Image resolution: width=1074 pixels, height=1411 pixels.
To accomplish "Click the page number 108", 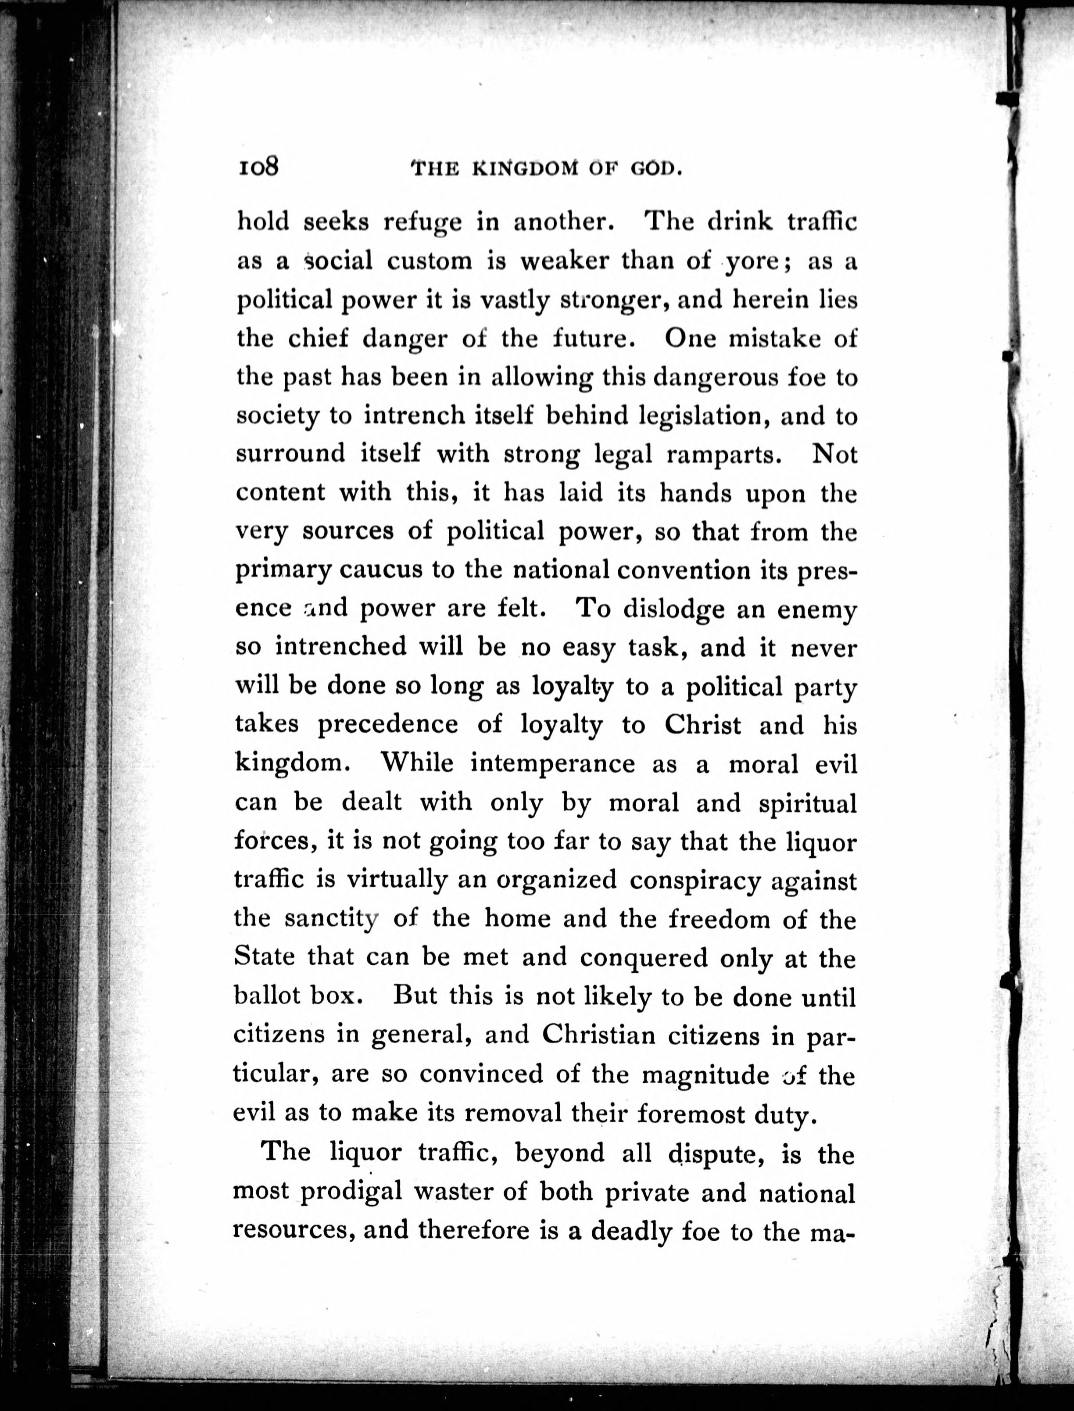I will [259, 168].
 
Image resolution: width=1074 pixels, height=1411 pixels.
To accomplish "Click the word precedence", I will [388, 724].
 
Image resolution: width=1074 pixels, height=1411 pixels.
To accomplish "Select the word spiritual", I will [807, 803].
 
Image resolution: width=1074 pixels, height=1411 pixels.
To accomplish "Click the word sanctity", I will [331, 919].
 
